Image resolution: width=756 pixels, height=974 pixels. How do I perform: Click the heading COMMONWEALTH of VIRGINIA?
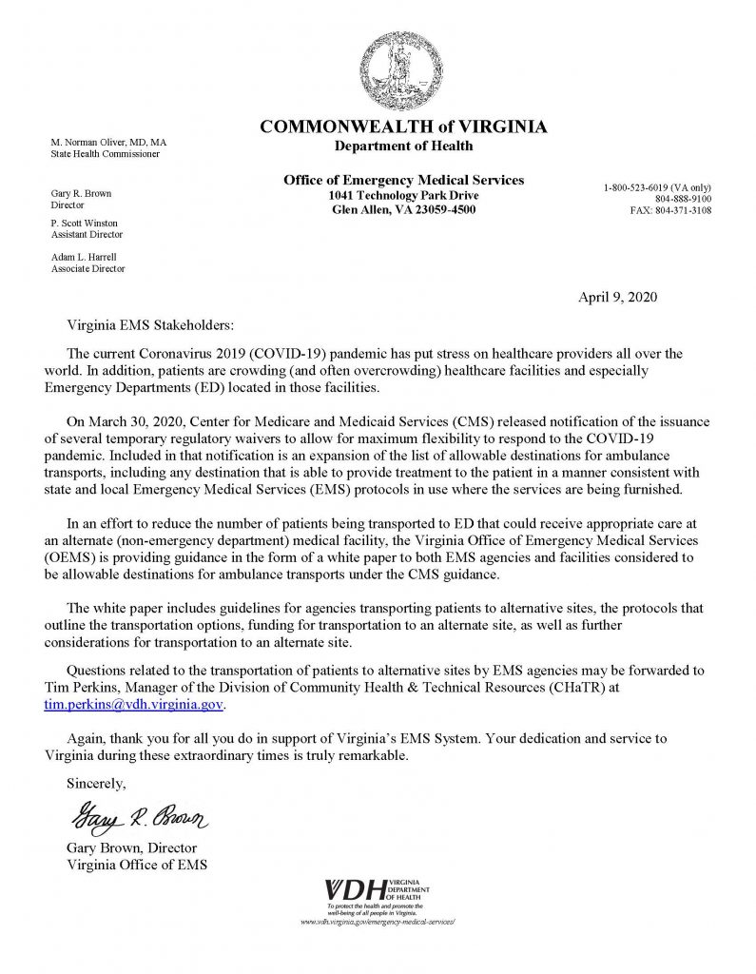click(404, 127)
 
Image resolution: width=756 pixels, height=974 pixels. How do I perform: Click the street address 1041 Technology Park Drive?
click(403, 195)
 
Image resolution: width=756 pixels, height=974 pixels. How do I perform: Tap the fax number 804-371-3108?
click(670, 210)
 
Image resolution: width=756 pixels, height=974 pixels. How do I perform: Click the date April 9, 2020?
click(616, 297)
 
